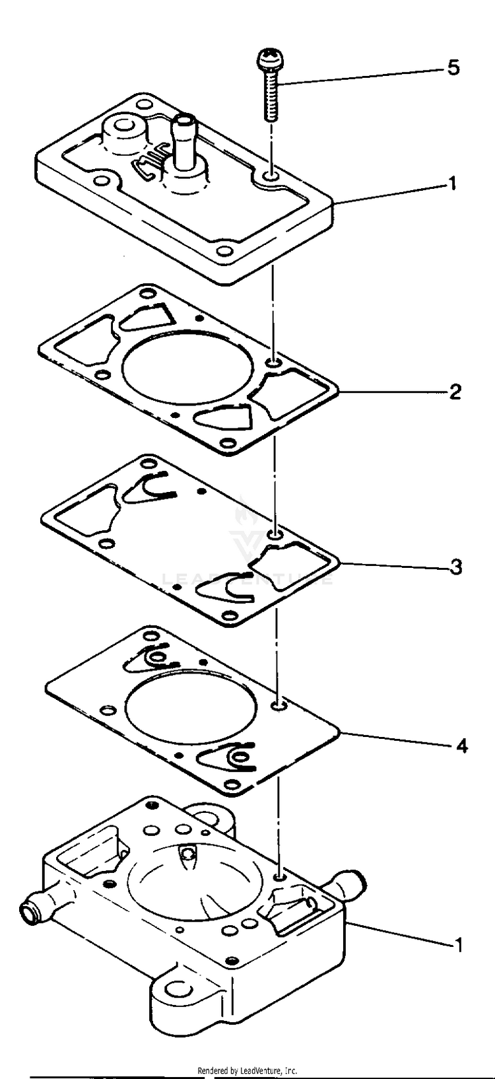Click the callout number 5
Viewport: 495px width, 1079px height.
(x=453, y=68)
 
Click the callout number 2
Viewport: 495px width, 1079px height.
(x=455, y=392)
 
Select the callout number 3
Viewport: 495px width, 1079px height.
(x=455, y=567)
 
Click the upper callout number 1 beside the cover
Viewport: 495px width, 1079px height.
(x=452, y=183)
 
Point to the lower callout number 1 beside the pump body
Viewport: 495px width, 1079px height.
(x=457, y=945)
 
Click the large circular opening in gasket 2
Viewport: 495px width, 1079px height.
(x=189, y=378)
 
